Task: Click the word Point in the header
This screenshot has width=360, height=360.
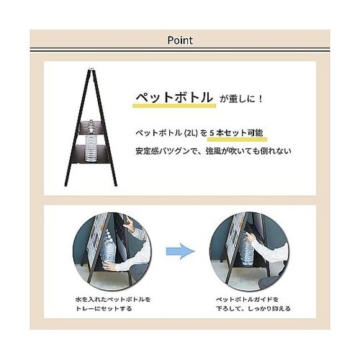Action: (179, 40)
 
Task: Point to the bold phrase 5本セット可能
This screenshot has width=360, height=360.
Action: (235, 133)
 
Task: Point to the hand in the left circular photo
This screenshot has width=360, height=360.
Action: (109, 266)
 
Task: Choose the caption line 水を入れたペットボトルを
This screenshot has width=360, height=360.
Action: (114, 298)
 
